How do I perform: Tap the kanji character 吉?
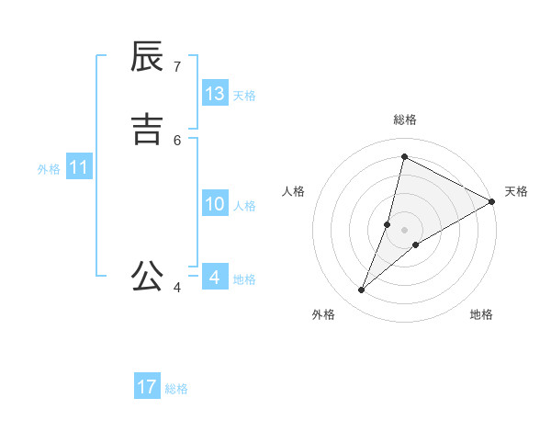click(x=148, y=130)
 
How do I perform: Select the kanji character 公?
click(x=148, y=275)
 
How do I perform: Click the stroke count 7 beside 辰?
click(x=177, y=66)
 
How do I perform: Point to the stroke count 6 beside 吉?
click(x=177, y=140)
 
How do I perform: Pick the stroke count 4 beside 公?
click(x=177, y=288)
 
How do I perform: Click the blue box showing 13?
click(x=215, y=94)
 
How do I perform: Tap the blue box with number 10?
click(x=215, y=204)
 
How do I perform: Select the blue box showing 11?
click(x=79, y=167)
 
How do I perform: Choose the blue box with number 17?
click(x=147, y=387)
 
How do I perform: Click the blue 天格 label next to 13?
click(x=244, y=96)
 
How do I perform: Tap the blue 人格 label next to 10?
click(x=244, y=206)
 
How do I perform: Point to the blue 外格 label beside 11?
click(x=49, y=169)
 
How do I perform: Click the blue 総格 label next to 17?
click(x=176, y=389)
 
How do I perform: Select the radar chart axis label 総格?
click(x=405, y=119)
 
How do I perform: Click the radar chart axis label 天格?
click(x=516, y=191)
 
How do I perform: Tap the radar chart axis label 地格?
click(x=481, y=314)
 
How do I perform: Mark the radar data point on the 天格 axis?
click(x=491, y=201)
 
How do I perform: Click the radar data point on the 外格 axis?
click(x=362, y=290)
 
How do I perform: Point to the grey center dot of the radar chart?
click(x=405, y=230)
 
